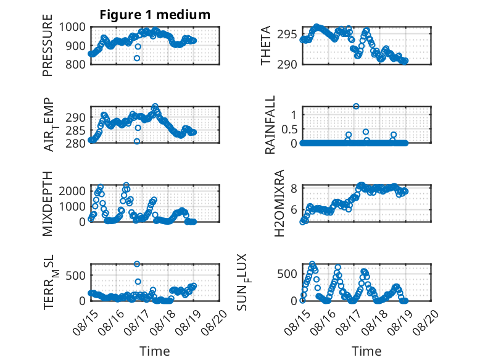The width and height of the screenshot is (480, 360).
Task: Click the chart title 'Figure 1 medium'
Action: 155,14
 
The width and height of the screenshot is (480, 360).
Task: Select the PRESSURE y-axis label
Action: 48,45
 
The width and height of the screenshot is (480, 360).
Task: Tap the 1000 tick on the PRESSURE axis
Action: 72,27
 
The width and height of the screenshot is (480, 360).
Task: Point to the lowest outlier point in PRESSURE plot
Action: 137,58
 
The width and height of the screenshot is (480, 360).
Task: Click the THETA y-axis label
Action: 266,45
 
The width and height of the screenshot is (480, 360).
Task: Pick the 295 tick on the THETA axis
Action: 287,35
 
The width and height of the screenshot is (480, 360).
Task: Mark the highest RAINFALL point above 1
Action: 356,106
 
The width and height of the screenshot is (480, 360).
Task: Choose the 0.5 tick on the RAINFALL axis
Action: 289,129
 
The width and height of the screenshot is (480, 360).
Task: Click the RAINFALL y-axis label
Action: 270,125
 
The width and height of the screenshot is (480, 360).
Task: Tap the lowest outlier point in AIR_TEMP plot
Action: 137,141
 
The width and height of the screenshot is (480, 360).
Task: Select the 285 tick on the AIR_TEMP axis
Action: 75,131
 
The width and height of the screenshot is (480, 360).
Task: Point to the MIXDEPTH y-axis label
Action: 48,203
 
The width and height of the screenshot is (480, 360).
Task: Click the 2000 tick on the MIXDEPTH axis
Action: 72,191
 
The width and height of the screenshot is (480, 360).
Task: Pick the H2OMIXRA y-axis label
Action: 279,203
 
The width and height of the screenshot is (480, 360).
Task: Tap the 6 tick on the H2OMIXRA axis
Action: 294,210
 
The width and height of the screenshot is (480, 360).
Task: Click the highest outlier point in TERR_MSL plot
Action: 137,264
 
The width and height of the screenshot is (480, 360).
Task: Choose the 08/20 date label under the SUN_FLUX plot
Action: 426,321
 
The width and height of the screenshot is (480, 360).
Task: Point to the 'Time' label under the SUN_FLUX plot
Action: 366,351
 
